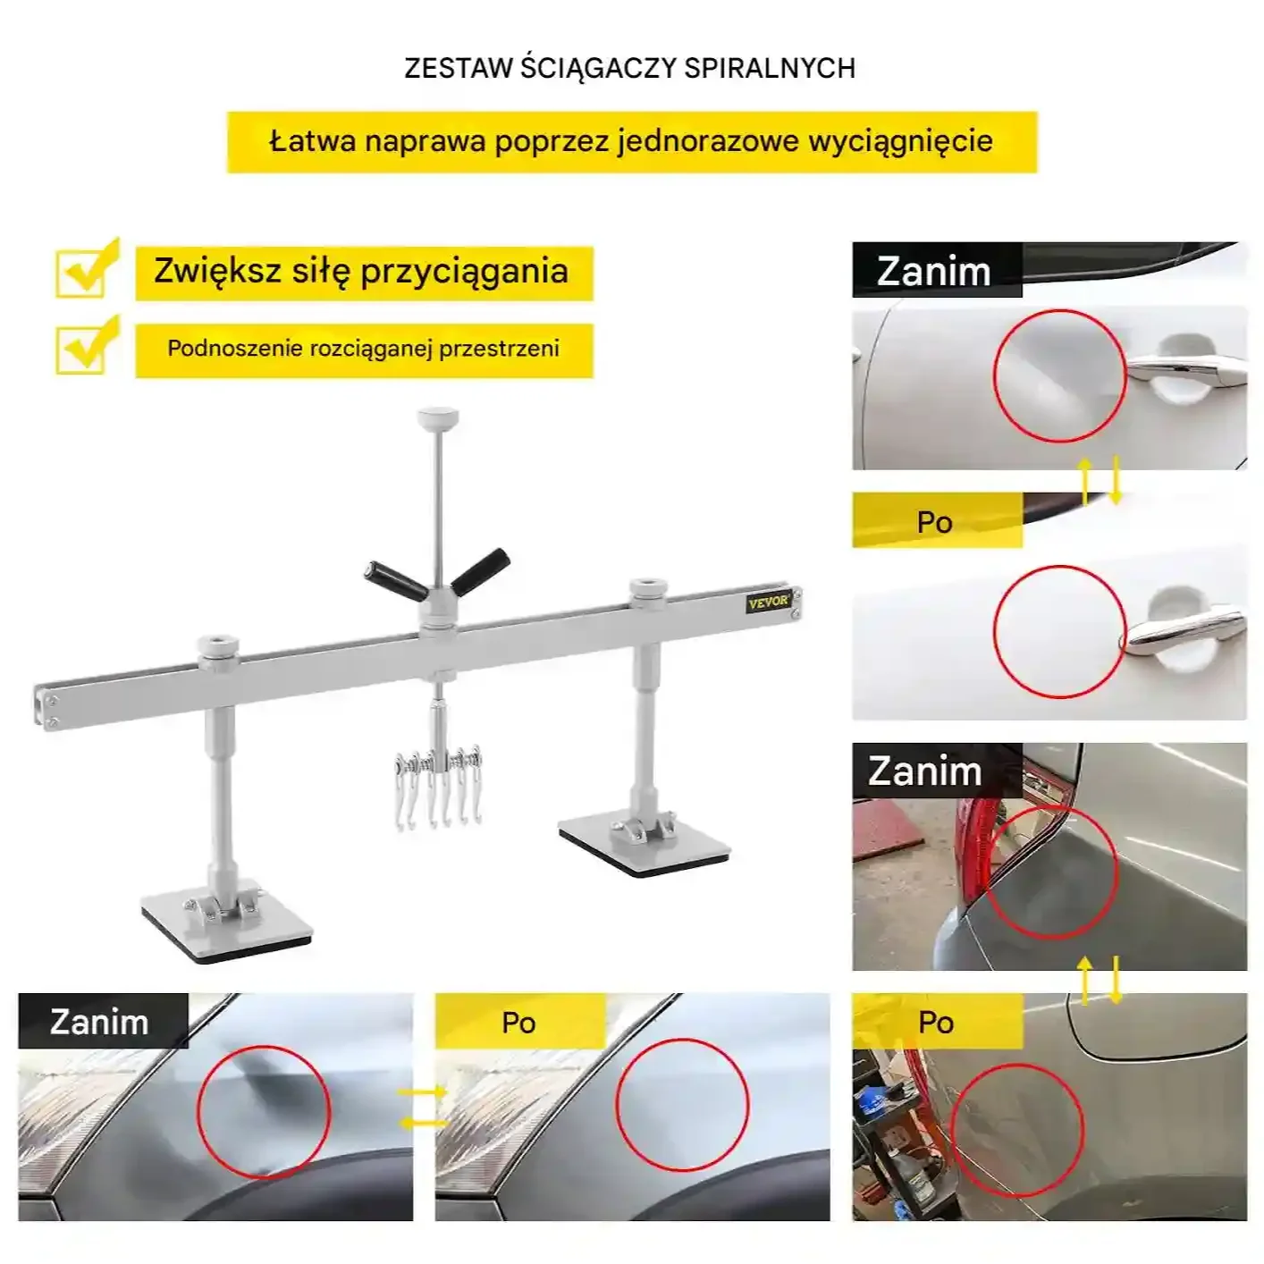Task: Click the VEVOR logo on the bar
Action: [768, 602]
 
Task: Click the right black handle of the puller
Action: [482, 569]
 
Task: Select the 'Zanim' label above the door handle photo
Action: [933, 271]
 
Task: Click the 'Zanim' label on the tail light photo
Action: [924, 771]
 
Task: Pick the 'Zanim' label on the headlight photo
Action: [99, 1022]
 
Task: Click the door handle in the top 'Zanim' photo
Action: [1185, 367]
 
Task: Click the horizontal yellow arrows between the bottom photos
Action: [422, 1108]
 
